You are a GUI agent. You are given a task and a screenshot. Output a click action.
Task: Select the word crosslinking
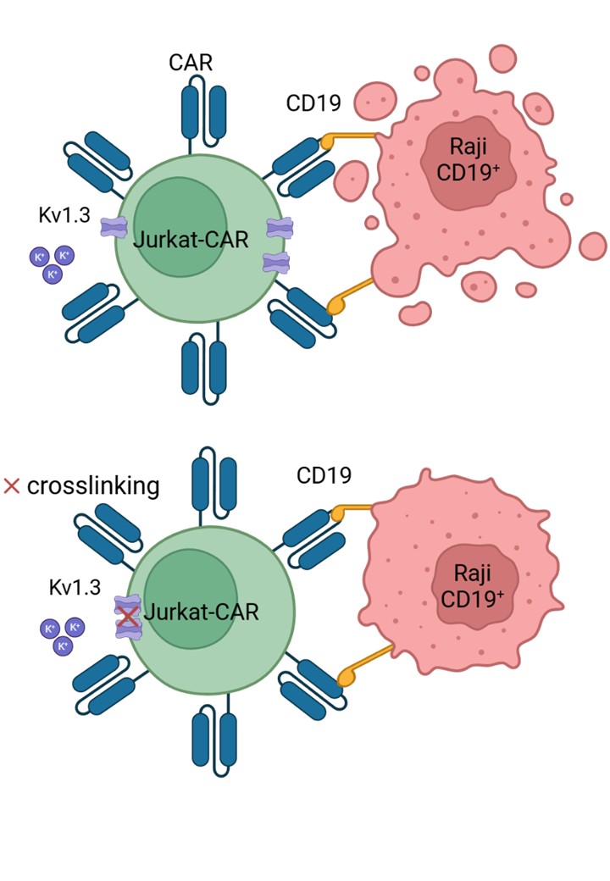coord(93,486)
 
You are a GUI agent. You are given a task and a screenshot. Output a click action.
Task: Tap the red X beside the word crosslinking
coord(12,486)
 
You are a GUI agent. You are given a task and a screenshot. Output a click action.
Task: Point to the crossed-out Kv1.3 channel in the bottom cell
coord(127,618)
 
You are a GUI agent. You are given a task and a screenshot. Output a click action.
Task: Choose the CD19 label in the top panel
coord(313,104)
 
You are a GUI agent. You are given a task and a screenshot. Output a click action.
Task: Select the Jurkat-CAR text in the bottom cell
coord(198,612)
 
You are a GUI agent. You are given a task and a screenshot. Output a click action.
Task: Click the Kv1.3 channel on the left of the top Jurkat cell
coord(113,227)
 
